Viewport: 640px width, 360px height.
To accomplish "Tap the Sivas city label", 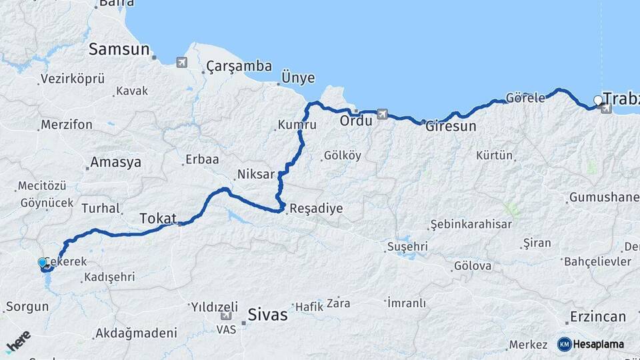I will (267, 315).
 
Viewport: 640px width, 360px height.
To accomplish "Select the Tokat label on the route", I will (158, 218).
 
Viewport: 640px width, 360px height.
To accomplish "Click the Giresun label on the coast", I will (451, 125).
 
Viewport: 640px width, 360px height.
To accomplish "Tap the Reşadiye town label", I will (317, 209).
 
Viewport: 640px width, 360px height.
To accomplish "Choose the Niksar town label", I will (256, 175).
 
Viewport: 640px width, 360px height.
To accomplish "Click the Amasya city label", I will (115, 162).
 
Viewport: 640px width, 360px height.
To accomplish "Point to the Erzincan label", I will (598, 317).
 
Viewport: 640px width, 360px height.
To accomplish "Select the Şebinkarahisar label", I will (471, 224).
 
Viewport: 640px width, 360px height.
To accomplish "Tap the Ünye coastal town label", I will (298, 78).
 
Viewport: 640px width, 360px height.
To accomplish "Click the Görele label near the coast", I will (525, 97).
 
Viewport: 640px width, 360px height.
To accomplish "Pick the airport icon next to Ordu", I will (382, 114).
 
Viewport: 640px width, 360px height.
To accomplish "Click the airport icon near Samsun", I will (181, 62).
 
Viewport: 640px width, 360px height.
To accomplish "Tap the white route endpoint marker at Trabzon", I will (598, 101).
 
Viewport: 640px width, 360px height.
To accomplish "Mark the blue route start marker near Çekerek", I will (43, 263).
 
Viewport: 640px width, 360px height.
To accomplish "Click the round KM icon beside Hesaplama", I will (564, 344).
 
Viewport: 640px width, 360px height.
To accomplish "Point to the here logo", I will (18, 341).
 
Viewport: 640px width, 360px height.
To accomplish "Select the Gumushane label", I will (603, 198).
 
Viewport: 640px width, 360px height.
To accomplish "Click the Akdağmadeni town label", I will (136, 333).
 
